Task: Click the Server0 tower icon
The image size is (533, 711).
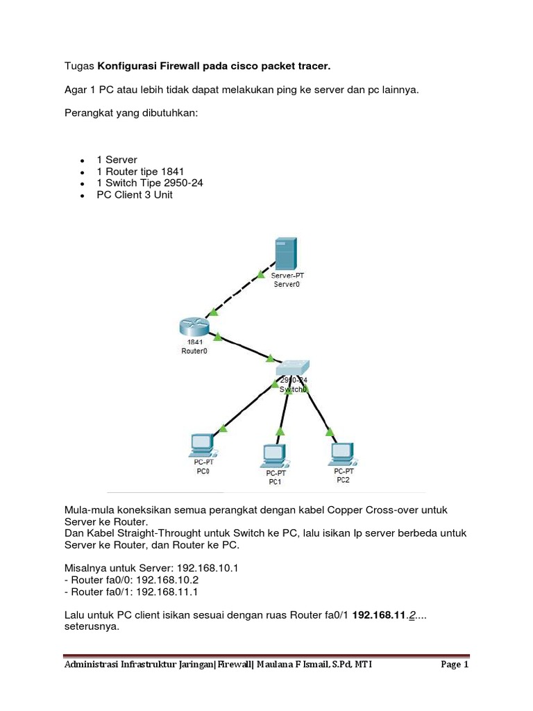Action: click(285, 254)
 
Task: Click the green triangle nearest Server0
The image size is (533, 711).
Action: click(260, 276)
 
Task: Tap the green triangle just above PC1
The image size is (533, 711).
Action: click(280, 431)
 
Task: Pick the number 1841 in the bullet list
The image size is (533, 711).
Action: click(173, 172)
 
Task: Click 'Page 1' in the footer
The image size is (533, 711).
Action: click(455, 664)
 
